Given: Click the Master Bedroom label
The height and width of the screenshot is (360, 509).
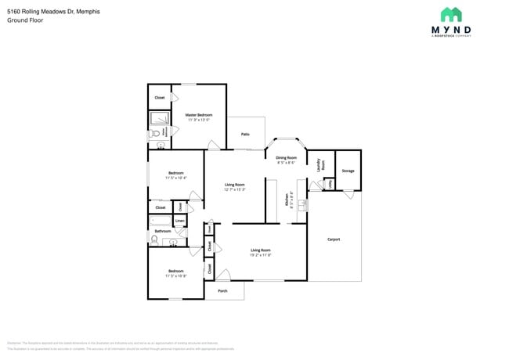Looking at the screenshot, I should tap(198, 114).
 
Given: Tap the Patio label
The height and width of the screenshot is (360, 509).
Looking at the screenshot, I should tap(245, 135).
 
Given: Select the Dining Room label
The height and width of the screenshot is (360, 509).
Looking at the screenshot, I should tap(286, 157).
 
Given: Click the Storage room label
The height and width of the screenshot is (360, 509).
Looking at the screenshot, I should tap(348, 171).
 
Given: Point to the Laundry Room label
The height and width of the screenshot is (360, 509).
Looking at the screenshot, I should tap(319, 165).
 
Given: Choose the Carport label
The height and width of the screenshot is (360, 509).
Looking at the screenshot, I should tap(334, 239).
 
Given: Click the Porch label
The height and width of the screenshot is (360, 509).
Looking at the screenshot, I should tap(222, 290).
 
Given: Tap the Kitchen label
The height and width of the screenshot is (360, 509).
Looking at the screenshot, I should tap(287, 200).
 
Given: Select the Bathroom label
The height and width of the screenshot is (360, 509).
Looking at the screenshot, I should tap(162, 231).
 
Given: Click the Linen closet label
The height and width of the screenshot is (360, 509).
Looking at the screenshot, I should tap(180, 221).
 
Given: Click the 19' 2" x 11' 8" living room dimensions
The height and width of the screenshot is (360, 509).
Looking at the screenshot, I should tap(260, 255).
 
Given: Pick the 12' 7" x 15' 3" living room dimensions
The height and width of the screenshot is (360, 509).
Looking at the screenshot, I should tap(235, 189).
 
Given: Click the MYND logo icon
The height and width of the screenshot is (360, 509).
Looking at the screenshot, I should tap(450, 15).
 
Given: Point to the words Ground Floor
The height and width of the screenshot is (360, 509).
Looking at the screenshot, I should tap(25, 20).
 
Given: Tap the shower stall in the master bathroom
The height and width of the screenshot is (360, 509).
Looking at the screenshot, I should tap(159, 119).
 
